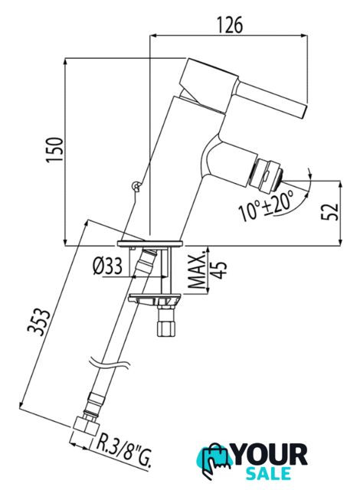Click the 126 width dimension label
230,25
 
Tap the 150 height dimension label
55,149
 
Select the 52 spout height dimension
330,211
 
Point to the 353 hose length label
38,322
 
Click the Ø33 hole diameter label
107,266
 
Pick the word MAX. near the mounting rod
198,271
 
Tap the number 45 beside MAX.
219,270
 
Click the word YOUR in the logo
270,455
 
